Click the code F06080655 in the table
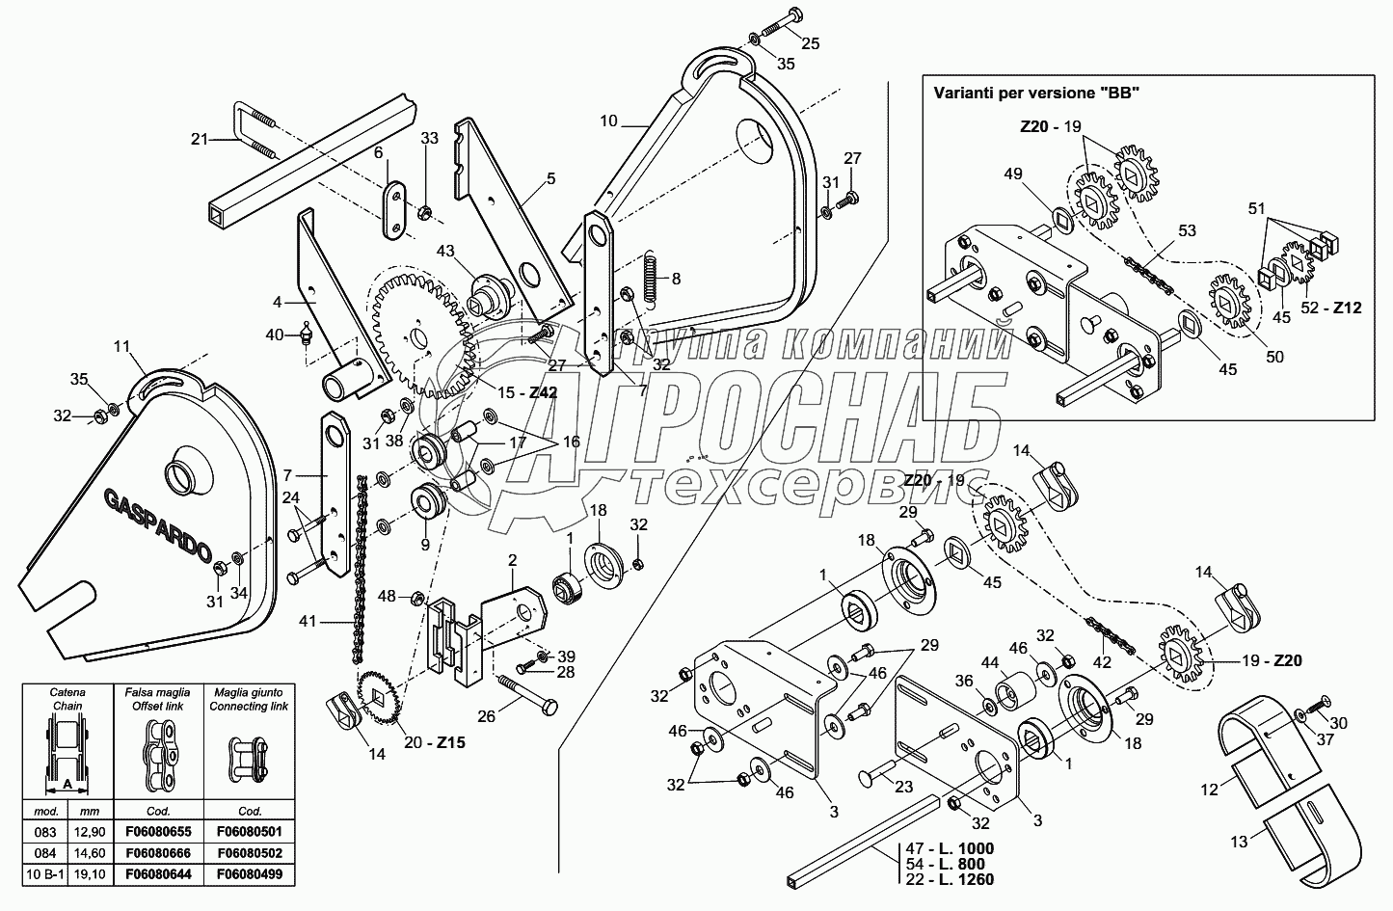click(x=156, y=831)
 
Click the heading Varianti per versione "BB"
click(x=1036, y=94)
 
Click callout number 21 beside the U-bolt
click(x=199, y=140)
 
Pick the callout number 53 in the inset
click(x=1187, y=230)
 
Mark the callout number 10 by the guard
click(x=608, y=121)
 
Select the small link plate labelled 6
click(x=395, y=206)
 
